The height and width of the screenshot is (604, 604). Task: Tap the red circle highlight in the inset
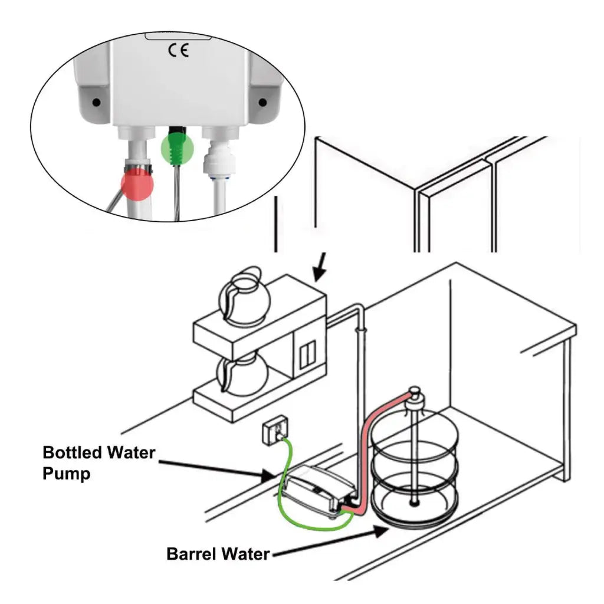tap(137, 185)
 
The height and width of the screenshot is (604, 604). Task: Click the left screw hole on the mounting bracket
tap(97, 103)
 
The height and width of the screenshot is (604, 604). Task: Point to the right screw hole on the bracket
tap(262, 103)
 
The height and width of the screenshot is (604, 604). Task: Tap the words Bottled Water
tap(99, 453)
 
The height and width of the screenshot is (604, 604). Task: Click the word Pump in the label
tap(67, 474)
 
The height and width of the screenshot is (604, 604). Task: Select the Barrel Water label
tap(218, 554)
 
